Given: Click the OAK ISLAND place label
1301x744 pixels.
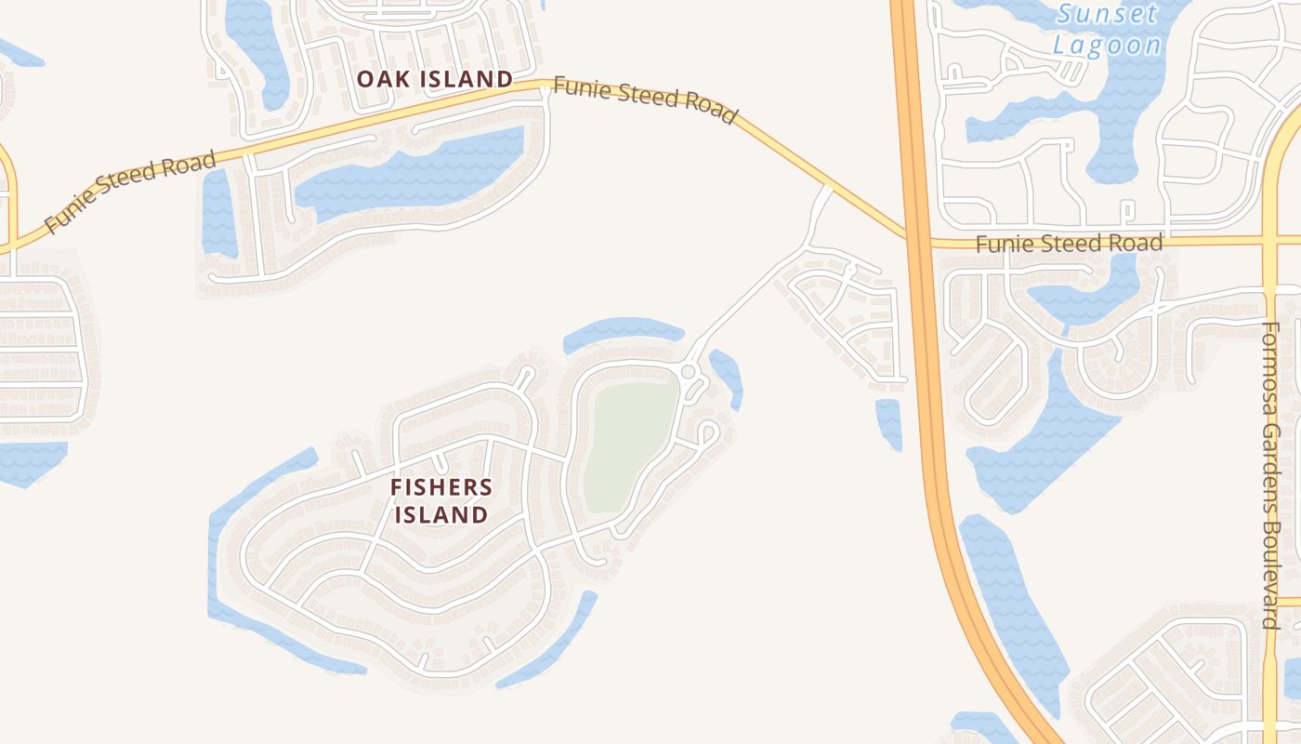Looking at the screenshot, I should [x=435, y=79].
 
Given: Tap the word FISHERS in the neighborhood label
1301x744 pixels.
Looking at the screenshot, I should [x=441, y=486].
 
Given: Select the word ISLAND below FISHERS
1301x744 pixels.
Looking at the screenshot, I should [x=441, y=514].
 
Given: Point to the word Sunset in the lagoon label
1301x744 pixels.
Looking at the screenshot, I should [x=1108, y=15].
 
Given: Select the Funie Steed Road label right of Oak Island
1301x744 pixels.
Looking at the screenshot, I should [x=645, y=99].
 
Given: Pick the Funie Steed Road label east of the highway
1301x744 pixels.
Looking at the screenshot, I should [x=1069, y=244].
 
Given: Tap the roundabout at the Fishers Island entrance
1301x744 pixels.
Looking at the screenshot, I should [x=689, y=373].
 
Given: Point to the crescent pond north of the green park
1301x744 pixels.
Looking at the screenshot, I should [x=623, y=331].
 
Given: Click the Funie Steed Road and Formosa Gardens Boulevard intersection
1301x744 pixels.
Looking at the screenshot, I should [x=1269, y=239].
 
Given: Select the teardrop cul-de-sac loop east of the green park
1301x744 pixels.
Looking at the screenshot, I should [x=707, y=432].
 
